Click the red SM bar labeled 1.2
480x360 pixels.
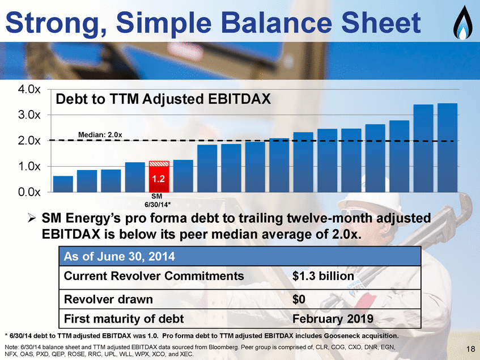pyautogui.click(x=159, y=177)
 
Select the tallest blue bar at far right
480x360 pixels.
pyautogui.click(x=447, y=148)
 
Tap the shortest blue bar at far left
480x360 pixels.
pyautogui.click(x=63, y=184)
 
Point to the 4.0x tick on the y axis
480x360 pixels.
pyautogui.click(x=29, y=90)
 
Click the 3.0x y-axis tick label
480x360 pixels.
pyautogui.click(x=29, y=115)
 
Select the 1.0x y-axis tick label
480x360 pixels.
pyautogui.click(x=29, y=167)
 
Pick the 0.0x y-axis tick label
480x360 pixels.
pyautogui.click(x=29, y=192)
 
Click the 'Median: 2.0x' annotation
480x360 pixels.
pyautogui.click(x=100, y=135)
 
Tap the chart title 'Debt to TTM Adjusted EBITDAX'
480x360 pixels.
pyautogui.click(x=163, y=99)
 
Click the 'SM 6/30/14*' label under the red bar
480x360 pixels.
pyautogui.click(x=157, y=201)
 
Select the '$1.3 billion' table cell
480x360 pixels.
pyautogui.click(x=323, y=276)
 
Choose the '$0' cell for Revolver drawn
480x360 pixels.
pyautogui.click(x=299, y=299)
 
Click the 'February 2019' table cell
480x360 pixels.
pyautogui.click(x=333, y=319)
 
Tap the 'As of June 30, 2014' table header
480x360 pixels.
pyautogui.click(x=119, y=256)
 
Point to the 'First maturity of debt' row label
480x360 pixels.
pyautogui.click(x=124, y=319)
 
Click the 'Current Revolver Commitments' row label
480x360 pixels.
pyautogui.click(x=154, y=276)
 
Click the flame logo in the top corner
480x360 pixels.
pyautogui.click(x=462, y=23)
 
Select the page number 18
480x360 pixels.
pyautogui.click(x=470, y=349)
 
